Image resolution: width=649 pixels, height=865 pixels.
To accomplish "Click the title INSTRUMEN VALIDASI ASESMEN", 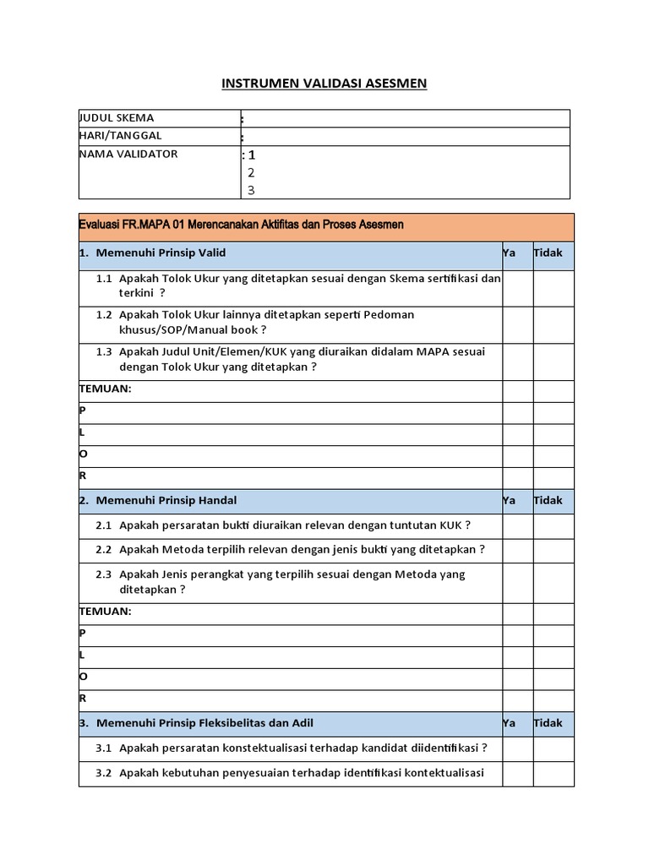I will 324,83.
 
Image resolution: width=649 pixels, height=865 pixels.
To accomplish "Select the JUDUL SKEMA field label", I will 117,118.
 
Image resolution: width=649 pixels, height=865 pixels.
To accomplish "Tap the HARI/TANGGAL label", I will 120,136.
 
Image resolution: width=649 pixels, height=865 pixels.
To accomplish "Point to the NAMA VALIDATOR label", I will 128,155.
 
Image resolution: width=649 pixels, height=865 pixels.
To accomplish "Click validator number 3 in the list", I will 251,190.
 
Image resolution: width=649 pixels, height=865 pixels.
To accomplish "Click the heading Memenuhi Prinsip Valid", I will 161,253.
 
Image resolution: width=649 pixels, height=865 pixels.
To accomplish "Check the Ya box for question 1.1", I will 516,286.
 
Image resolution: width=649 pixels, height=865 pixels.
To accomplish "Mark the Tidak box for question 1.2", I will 553,323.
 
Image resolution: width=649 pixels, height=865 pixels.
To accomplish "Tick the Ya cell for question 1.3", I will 516,360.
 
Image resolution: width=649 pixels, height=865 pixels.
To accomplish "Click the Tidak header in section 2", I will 548,501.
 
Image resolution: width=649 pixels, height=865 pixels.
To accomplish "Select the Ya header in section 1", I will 509,253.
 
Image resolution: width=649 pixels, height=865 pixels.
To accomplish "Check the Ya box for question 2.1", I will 516,525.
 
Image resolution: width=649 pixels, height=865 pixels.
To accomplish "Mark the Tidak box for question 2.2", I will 553,549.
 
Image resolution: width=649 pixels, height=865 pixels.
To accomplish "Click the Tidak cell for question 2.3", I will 553,582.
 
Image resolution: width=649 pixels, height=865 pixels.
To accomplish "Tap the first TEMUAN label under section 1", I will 105,389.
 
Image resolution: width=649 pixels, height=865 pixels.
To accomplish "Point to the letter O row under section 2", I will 83,677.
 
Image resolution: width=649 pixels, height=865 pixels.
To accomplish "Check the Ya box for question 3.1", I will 516,748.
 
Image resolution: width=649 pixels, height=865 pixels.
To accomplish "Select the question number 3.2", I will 104,773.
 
